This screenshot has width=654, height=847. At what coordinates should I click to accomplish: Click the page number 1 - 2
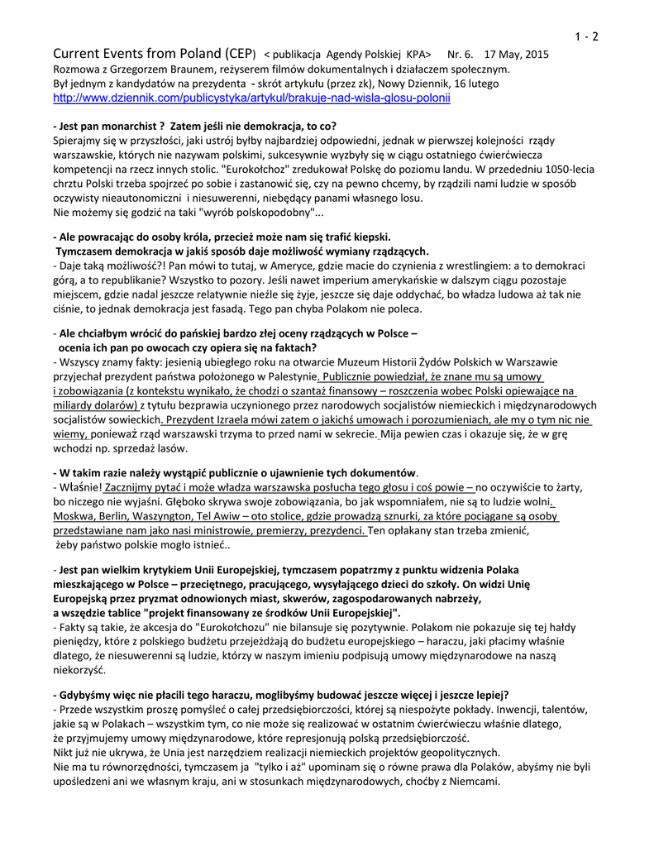point(587,36)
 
